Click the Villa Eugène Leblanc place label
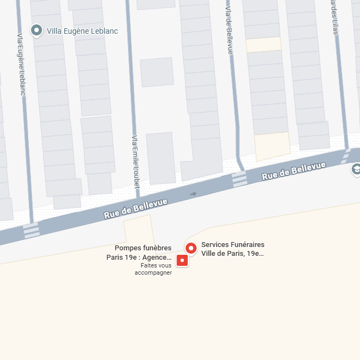83,31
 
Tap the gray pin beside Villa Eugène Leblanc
37,30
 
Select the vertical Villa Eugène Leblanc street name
21,64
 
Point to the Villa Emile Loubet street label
135,163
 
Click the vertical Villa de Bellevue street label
229,27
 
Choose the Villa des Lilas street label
334,17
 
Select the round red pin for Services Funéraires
191,248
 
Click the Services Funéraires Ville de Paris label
233,249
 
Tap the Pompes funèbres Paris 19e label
139,253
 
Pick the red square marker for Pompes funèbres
182,260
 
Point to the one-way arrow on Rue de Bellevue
193,194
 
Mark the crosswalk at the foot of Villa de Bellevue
239,178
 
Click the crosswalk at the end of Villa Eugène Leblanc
32,230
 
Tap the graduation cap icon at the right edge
356,169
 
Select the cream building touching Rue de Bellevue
272,146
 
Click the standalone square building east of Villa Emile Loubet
157,72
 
